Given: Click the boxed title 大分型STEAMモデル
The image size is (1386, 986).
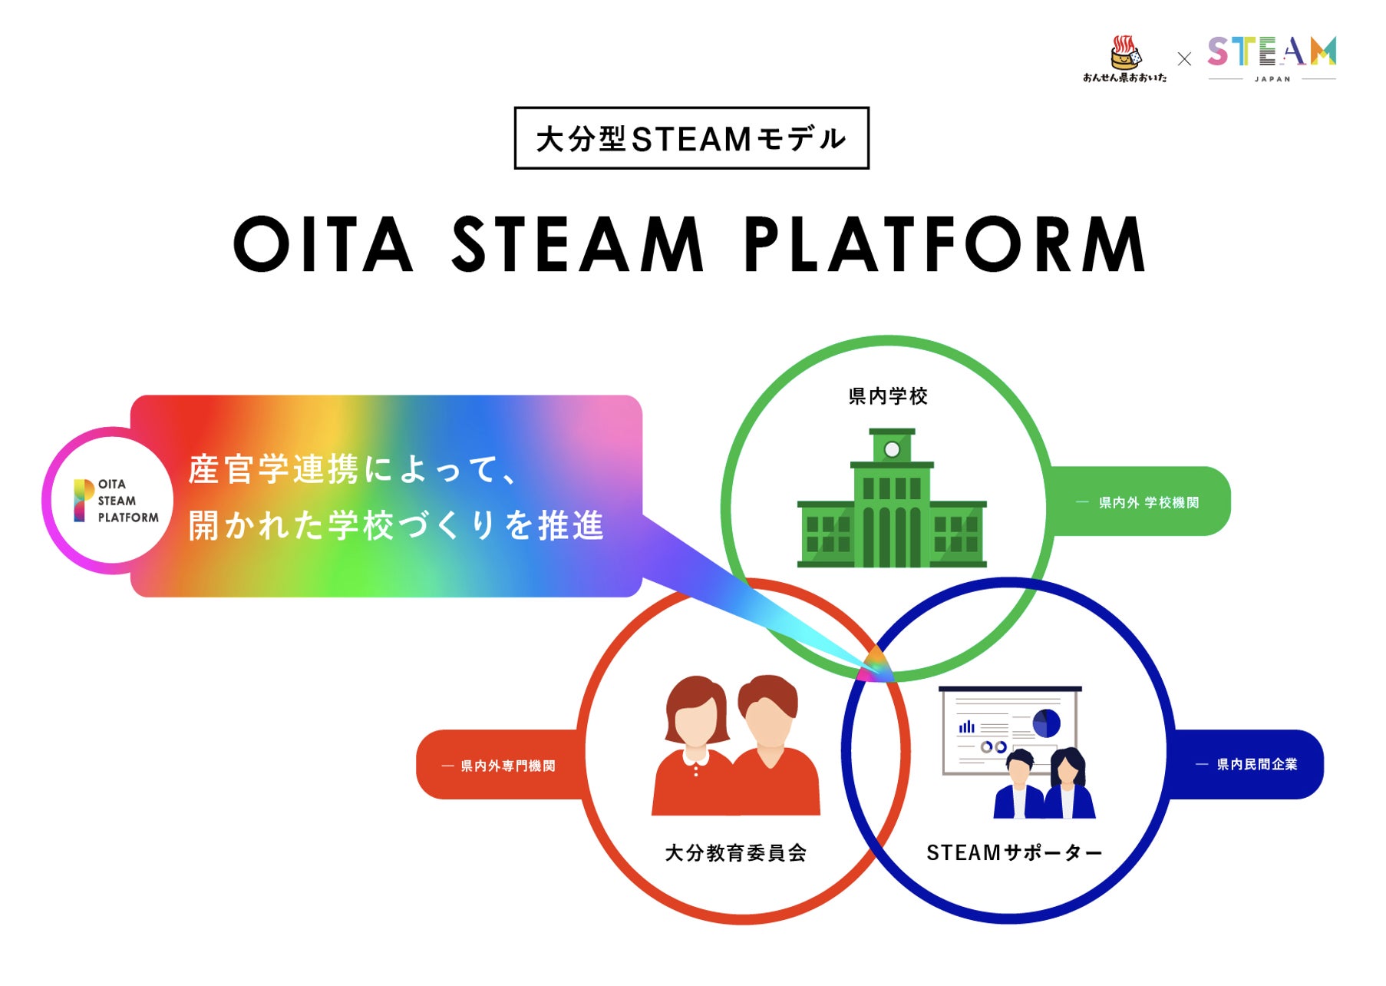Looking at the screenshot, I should [x=691, y=138].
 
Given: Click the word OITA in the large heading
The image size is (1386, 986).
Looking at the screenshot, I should [x=323, y=244].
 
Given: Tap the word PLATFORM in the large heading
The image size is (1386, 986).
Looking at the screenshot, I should [x=945, y=244].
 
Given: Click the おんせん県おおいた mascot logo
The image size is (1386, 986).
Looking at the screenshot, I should [x=1125, y=58].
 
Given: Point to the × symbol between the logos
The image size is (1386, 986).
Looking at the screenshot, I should [x=1184, y=58].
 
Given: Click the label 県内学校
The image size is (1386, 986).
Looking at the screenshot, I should [x=888, y=396].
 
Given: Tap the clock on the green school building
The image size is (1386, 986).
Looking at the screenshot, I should [x=892, y=449].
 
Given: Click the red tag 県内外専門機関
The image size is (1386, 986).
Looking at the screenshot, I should [x=507, y=766].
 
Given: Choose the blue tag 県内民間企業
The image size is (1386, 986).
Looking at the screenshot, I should [x=1256, y=764].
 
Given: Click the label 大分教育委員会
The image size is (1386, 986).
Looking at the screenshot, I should [x=735, y=852].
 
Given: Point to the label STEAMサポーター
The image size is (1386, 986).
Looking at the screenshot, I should [x=1014, y=852].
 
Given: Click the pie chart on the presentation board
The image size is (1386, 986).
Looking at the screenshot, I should [x=1046, y=723].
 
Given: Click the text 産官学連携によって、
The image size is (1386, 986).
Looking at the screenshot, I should [x=353, y=469].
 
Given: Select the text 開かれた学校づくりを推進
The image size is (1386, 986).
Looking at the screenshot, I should [x=396, y=526].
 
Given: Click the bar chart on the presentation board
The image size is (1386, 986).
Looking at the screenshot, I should [x=967, y=726].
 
